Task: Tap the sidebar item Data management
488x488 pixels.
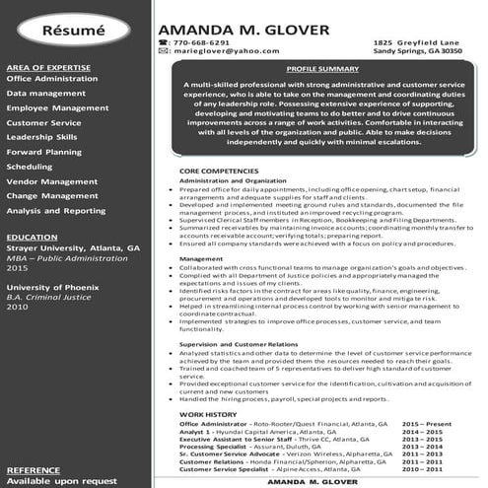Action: (x=45, y=93)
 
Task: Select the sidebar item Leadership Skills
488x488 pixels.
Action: (x=41, y=137)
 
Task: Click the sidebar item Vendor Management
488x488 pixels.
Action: (x=51, y=181)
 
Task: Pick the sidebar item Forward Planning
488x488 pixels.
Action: (x=43, y=152)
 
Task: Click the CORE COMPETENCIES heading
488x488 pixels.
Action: (x=219, y=171)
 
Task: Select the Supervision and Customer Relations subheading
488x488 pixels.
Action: (x=239, y=343)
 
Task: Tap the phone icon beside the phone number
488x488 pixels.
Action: (x=163, y=42)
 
